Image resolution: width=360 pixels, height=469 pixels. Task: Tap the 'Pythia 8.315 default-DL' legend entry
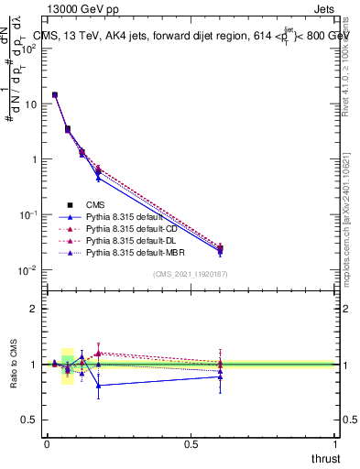[133, 240]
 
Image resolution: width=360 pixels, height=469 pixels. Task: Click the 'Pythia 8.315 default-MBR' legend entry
[136, 251]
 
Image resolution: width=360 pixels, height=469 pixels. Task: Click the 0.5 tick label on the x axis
[191, 443]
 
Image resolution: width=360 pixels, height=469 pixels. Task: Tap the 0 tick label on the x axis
[47, 443]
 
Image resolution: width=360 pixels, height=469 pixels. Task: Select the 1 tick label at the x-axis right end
[335, 443]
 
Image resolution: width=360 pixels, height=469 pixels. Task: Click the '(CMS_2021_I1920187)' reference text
[191, 275]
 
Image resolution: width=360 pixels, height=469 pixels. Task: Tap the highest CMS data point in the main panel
[55, 94]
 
